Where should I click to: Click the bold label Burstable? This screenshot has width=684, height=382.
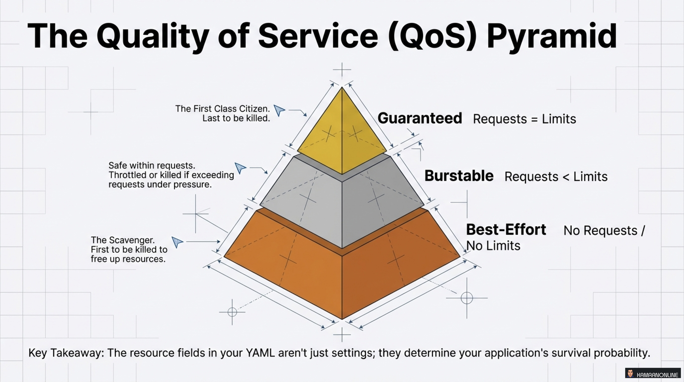click(459, 176)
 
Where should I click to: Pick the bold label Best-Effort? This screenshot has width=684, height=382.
click(506, 230)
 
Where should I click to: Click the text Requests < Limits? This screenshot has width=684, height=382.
click(556, 177)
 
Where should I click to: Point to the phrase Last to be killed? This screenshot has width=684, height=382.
click(236, 118)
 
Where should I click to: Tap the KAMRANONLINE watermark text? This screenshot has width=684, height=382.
click(657, 375)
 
